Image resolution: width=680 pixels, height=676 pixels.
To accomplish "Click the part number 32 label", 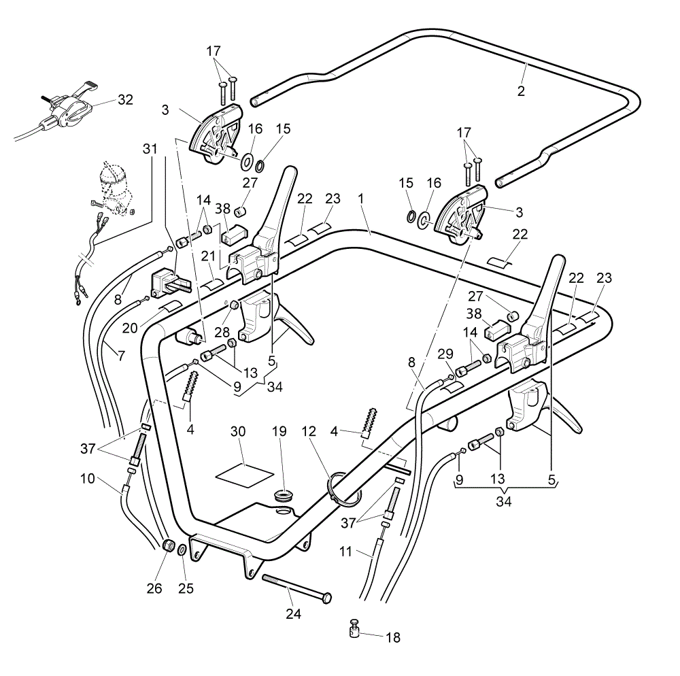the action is coord(125,100).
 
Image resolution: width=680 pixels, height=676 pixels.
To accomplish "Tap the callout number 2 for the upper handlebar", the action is coord(521,90).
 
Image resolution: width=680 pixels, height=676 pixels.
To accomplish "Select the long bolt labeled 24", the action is coord(297,588).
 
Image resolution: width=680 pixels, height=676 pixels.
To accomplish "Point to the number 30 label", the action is coord(237,431).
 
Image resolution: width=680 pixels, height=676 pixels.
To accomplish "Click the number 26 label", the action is coord(154,588).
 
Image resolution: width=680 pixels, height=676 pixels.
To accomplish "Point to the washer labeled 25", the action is coord(182,550).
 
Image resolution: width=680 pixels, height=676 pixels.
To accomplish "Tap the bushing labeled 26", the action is coord(168,545).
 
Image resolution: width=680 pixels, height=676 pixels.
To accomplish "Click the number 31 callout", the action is coord(150,149).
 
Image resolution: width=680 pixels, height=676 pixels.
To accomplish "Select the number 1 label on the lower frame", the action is coord(360,199).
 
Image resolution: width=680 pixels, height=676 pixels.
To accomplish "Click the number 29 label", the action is coord(445,354).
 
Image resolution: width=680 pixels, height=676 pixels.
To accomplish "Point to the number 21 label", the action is coord(208,256).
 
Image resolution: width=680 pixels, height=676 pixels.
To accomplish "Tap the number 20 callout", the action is coord(130,328).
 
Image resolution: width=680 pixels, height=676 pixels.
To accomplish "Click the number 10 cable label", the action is coord(87,479).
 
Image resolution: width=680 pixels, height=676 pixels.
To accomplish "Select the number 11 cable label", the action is coord(345,552).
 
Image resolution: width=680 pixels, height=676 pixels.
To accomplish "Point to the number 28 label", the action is coord(222,332).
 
